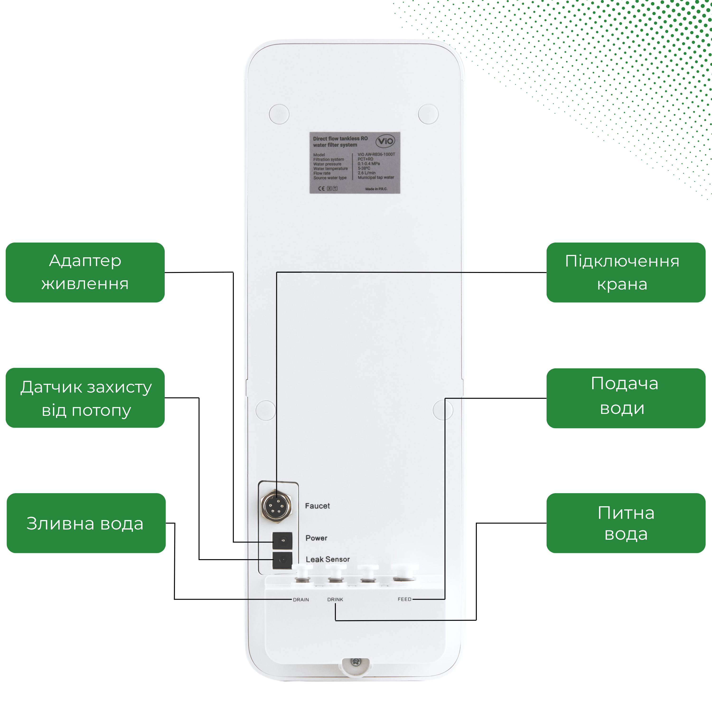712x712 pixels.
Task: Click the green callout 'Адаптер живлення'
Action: pos(85,272)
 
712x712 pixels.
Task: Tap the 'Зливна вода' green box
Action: pos(86,523)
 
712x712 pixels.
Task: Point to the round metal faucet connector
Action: pos(276,506)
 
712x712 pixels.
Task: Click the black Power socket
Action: pos(282,541)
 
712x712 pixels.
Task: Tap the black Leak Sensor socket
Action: pos(282,560)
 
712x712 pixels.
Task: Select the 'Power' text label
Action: pos(316,538)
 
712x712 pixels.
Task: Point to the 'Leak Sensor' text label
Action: pos(328,559)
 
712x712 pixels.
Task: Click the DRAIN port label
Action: pos(301,600)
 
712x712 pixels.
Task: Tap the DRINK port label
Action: pos(335,600)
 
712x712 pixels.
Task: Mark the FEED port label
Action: pos(404,599)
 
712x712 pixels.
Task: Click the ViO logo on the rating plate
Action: pos(385,141)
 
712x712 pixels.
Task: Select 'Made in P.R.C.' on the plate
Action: pos(376,189)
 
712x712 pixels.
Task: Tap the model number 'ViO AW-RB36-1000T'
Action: pos(376,155)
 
